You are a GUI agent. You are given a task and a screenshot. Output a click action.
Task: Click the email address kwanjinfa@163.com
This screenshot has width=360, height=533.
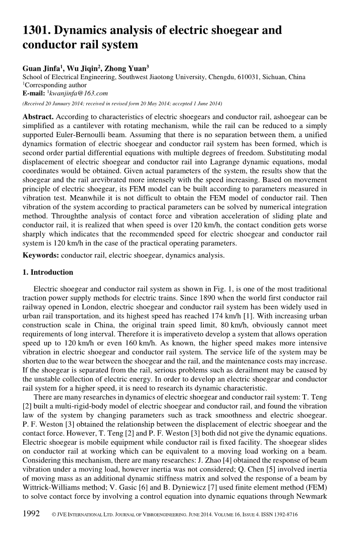click(75, 93)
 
